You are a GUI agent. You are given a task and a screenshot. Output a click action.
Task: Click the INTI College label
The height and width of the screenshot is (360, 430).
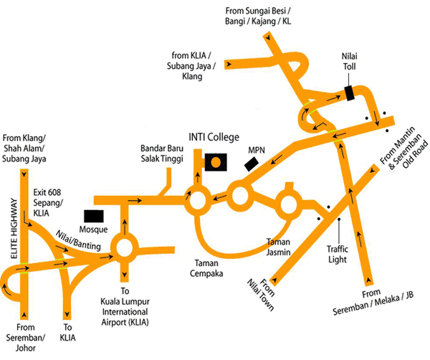click(213, 137)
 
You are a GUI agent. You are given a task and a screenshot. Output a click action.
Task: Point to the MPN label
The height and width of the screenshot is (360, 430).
click(256, 151)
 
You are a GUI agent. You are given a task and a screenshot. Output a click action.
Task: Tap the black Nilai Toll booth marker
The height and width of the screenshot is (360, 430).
click(348, 93)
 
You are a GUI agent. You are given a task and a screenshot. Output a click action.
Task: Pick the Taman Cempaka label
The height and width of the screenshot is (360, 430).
click(206, 267)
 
